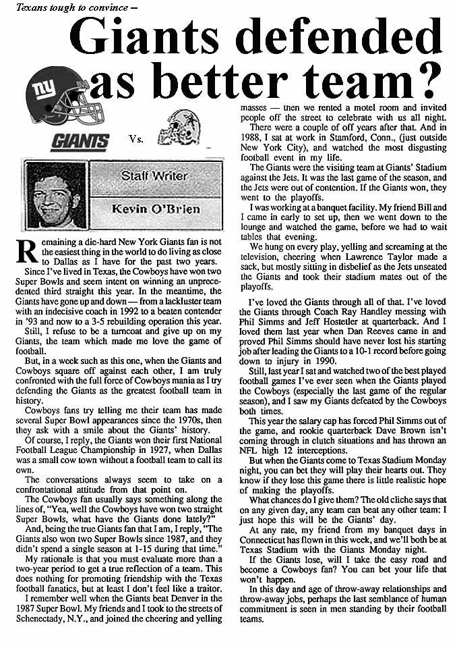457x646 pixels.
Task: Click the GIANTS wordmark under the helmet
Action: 80,142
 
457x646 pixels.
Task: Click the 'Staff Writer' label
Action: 154,176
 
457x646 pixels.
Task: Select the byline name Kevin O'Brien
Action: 155,209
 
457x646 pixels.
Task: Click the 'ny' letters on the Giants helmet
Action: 46,88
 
